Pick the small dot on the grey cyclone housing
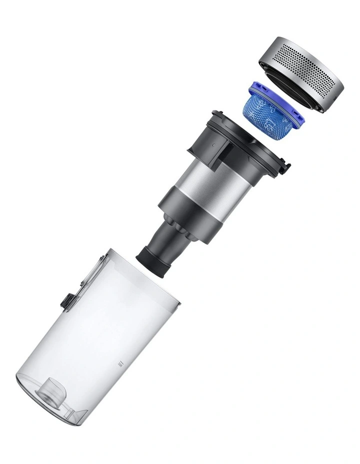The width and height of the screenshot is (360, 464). [214, 145]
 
